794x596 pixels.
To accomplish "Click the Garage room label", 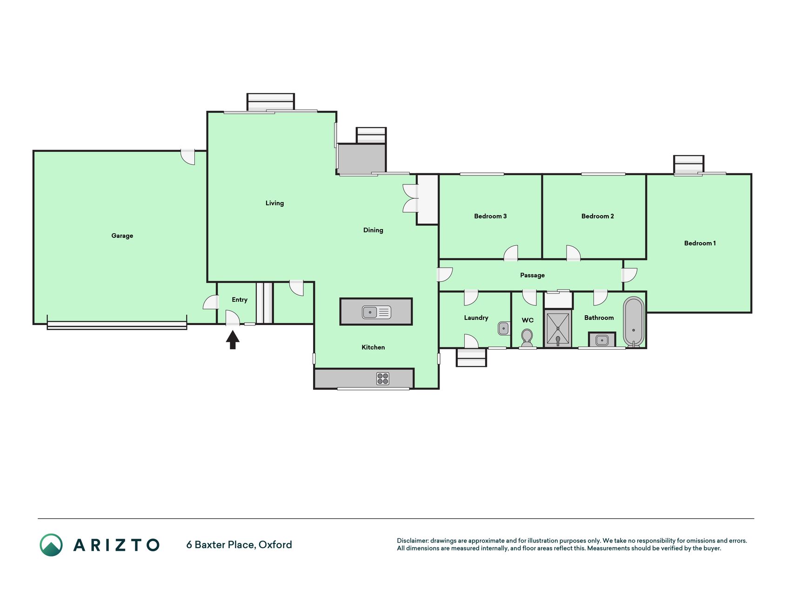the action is click(122, 236).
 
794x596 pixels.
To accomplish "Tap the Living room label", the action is click(274, 203).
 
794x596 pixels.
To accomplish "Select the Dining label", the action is click(373, 230).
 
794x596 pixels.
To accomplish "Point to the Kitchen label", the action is click(373, 347).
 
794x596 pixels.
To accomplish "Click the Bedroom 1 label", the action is click(700, 243).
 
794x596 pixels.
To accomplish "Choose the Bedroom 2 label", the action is click(598, 216).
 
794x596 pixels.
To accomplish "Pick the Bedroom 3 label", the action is click(490, 216).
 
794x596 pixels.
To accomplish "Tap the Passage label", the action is click(532, 275).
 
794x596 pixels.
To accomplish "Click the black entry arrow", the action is click(233, 339).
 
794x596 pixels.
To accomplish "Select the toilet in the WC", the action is click(527, 338).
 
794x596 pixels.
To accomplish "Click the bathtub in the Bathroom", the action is click(634, 321).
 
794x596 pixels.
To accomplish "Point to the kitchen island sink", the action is click(376, 312).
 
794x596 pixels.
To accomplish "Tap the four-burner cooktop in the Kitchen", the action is click(383, 379).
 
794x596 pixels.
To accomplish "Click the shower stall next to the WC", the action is click(558, 329).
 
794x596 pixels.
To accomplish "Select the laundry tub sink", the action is click(504, 328).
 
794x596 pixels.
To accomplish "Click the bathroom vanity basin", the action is click(602, 340).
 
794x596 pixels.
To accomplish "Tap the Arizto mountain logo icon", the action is click(51, 545).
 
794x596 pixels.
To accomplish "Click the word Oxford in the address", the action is click(275, 545).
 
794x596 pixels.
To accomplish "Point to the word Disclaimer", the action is click(413, 541).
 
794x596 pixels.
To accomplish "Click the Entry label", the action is click(240, 300).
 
